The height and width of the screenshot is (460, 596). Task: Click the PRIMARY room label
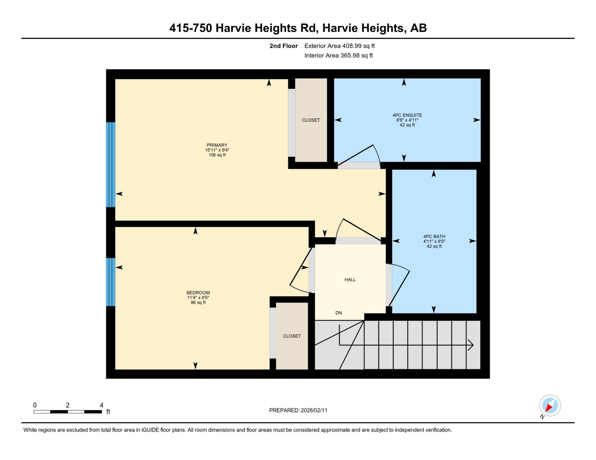217,145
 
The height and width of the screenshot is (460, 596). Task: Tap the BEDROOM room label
198,293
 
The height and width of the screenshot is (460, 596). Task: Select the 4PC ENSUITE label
407,115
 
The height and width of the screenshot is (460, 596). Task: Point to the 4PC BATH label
434,236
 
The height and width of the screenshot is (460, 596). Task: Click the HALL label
350,280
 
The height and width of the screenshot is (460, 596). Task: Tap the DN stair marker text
339,313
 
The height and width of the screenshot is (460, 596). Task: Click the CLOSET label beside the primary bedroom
311,120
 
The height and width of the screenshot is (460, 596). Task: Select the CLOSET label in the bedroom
292,336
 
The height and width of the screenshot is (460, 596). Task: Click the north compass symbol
550,406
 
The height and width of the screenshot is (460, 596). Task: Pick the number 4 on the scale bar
102,405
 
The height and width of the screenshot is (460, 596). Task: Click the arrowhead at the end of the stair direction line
471,345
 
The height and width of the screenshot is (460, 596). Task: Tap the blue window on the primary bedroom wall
111,165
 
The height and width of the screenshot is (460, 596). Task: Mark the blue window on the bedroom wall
111,282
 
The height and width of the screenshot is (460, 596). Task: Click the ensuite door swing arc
378,153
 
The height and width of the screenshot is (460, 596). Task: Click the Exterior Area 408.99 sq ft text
339,46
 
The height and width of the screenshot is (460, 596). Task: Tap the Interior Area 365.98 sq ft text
339,55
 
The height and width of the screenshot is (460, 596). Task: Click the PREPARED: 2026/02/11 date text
298,410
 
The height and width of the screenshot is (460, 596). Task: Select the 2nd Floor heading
284,46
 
